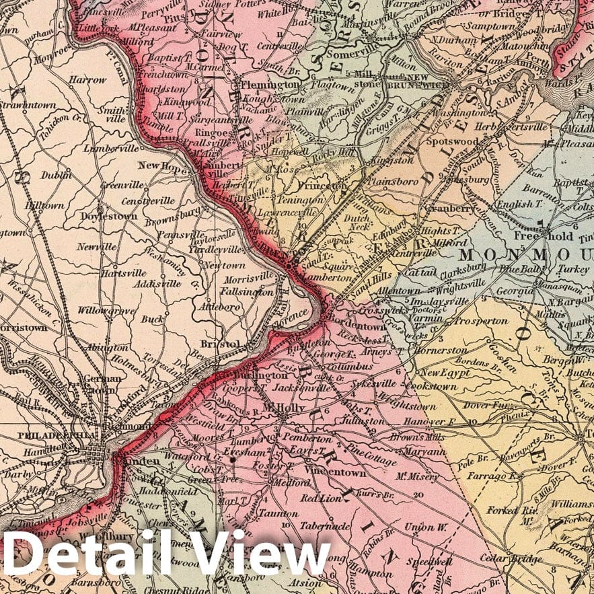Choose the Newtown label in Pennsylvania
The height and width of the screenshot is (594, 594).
click(224, 266)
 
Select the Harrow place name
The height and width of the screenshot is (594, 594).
click(87, 79)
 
